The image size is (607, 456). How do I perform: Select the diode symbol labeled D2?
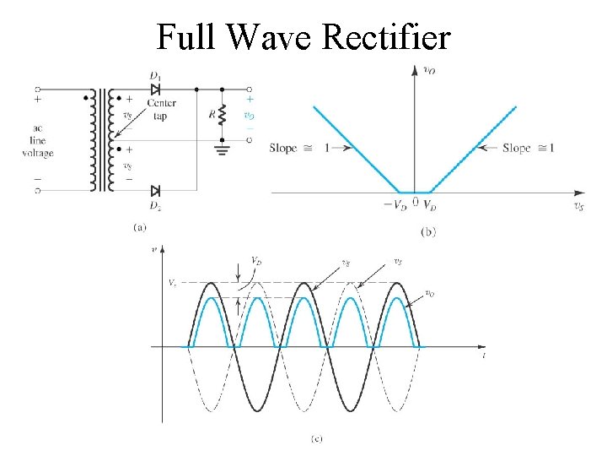(x=156, y=190)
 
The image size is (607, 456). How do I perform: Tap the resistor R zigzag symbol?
(x=223, y=114)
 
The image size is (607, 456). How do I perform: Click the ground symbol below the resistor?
(x=223, y=151)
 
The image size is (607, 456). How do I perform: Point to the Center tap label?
(x=162, y=110)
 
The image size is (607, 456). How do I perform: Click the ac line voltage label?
(x=38, y=143)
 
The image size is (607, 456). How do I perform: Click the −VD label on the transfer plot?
(x=395, y=205)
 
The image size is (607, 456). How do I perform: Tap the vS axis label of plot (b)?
(x=577, y=205)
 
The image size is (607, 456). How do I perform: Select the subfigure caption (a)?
(x=140, y=226)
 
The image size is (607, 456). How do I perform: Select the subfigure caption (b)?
(x=427, y=231)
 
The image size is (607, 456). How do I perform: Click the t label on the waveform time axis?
(x=484, y=356)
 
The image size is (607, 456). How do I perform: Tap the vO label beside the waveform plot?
(x=429, y=294)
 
